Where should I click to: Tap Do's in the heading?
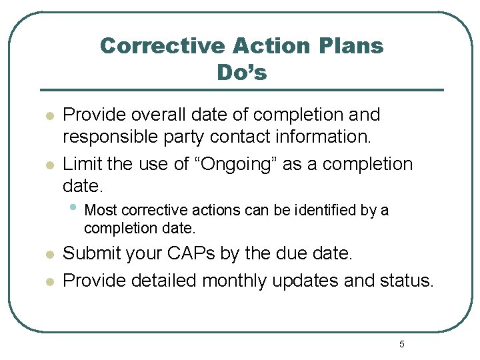click(241, 72)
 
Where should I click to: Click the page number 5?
click(401, 344)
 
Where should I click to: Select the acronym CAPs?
click(209, 254)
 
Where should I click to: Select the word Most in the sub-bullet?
click(101, 211)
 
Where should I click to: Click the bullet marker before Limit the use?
click(49, 165)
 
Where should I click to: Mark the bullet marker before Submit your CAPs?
click(49, 255)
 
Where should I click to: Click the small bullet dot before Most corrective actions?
click(73, 208)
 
